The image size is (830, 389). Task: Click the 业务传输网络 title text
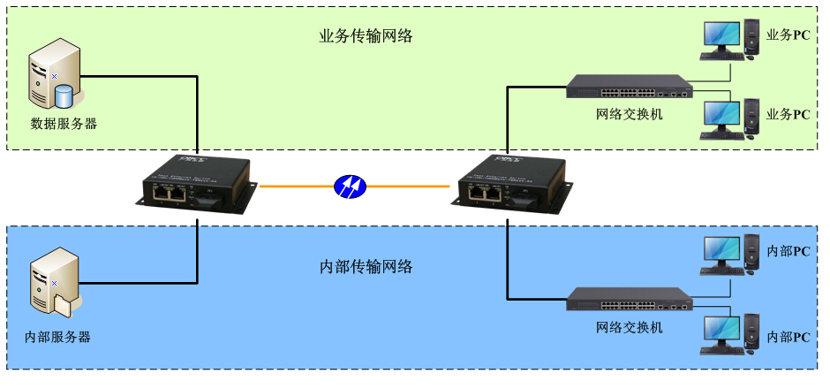coord(366,37)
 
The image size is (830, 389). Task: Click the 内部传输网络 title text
coord(366,266)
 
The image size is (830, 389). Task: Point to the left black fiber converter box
coord(196,183)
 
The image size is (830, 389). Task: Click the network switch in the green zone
coord(628,86)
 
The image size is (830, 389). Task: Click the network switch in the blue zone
coord(628,300)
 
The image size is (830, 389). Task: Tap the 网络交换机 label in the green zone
coord(629,115)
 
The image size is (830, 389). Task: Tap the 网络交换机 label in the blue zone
coord(629,328)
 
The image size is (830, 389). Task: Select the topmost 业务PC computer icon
coord(729,40)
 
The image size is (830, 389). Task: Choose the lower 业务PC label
coord(788,115)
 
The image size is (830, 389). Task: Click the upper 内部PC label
coord(788,252)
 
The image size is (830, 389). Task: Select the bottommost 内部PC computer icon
coord(729,337)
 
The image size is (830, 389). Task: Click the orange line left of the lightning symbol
coord(296,187)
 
